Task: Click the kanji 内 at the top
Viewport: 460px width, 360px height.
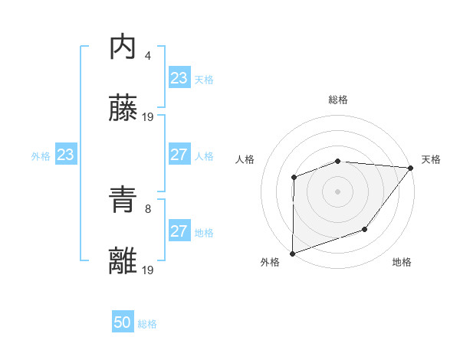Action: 123,47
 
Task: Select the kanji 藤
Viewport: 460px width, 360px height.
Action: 123,110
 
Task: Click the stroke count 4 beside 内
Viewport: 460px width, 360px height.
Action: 148,55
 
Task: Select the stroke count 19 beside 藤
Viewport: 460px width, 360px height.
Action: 149,116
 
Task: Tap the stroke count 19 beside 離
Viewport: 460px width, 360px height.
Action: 149,270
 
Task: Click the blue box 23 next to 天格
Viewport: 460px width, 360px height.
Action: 179,78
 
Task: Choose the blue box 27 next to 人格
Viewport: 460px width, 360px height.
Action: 179,155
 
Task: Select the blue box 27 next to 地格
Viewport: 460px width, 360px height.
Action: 179,231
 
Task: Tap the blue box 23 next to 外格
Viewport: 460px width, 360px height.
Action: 66,155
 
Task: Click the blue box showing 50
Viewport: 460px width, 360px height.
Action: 123,322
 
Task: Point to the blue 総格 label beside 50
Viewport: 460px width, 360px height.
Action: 147,324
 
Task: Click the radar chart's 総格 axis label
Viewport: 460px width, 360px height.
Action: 338,100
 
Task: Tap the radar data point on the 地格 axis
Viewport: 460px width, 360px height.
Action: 366,229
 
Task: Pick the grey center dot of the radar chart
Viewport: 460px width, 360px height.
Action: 338,191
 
